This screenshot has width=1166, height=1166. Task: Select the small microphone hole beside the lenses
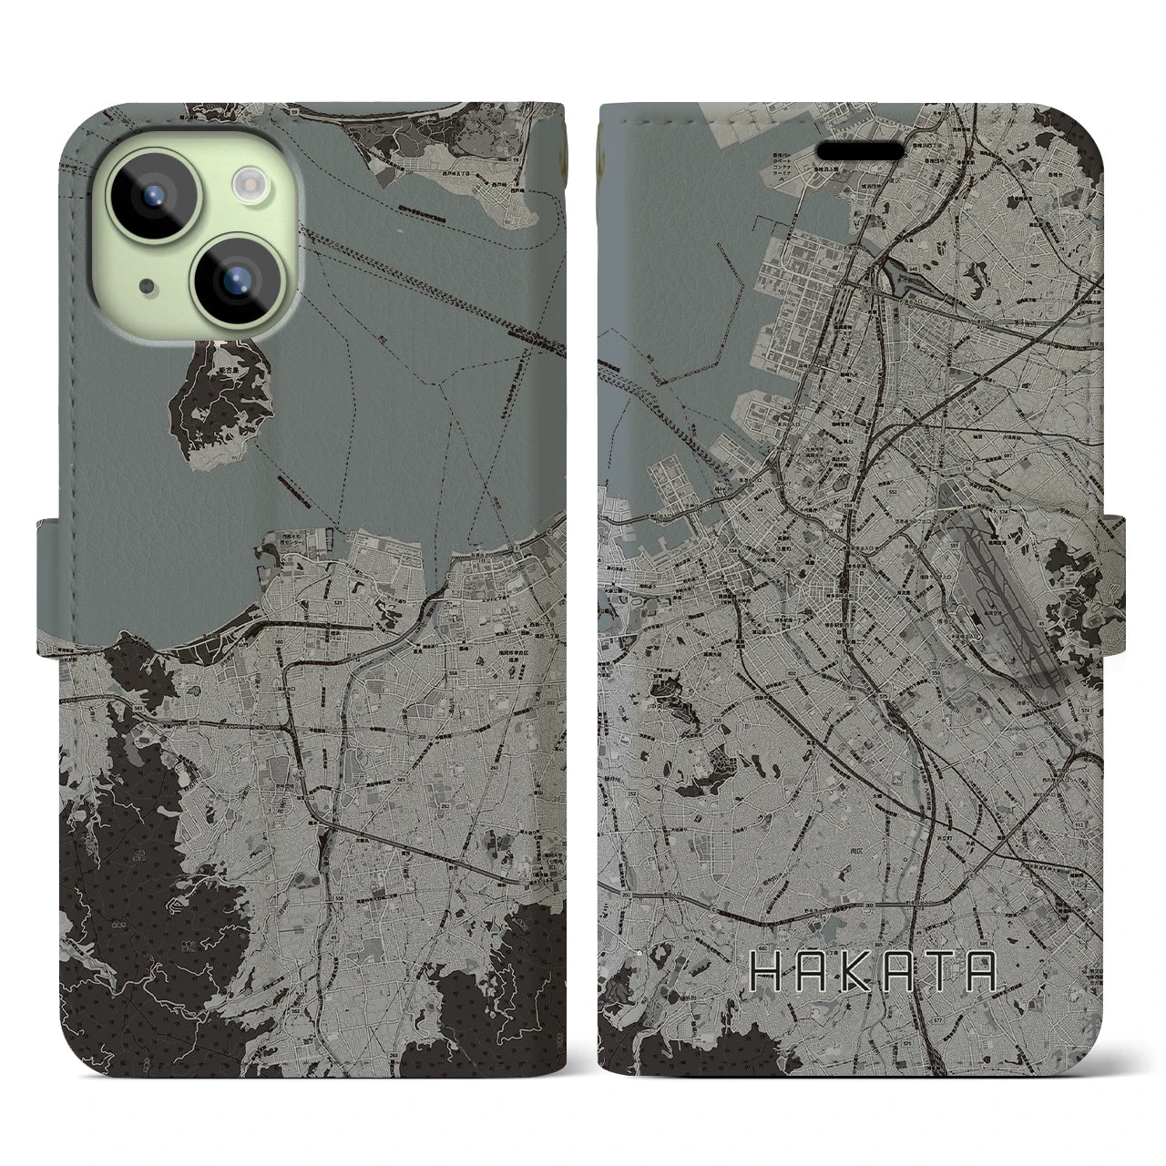click(147, 287)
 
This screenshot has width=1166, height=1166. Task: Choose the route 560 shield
click(279, 642)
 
